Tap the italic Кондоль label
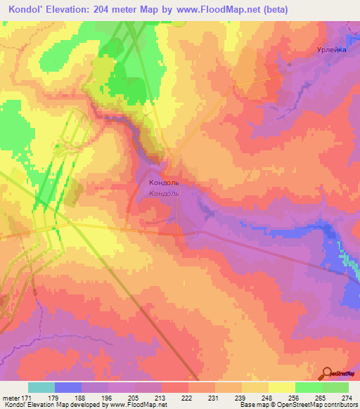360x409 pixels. [x=165, y=193]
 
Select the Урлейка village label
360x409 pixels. [x=330, y=51]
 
